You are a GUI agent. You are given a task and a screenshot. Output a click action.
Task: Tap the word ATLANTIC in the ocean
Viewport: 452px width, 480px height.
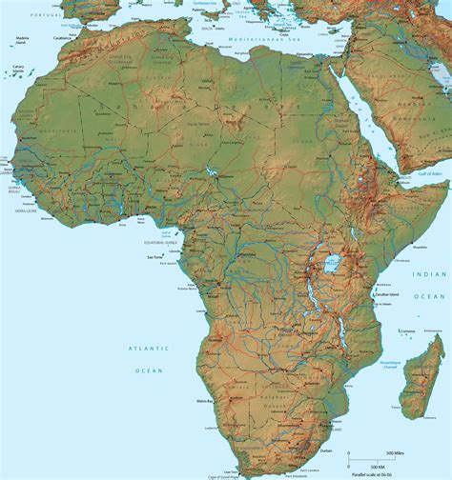click(x=149, y=349)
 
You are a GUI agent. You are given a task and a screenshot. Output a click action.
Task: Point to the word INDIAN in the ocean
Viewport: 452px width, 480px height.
click(x=428, y=274)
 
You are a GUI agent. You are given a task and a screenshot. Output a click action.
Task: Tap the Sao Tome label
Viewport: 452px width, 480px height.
click(x=154, y=256)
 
